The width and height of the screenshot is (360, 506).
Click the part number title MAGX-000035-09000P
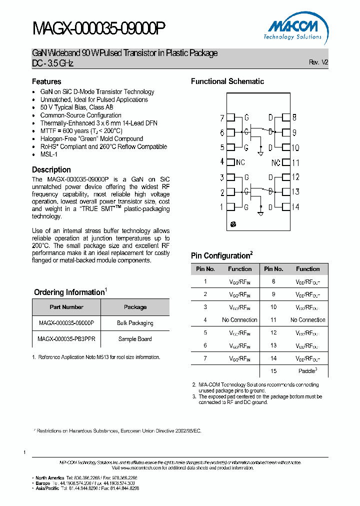pyautogui.click(x=98, y=29)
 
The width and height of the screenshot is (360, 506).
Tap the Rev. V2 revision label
pyautogui.click(x=318, y=62)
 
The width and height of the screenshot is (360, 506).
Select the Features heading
pyautogui.click(x=46, y=81)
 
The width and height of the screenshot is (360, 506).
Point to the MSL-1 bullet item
pyautogui.click(x=49, y=154)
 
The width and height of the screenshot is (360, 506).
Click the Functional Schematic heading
pyautogui.click(x=227, y=81)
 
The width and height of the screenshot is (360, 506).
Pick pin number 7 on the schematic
pyautogui.click(x=222, y=118)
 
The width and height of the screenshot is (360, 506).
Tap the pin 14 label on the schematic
pyautogui.click(x=295, y=207)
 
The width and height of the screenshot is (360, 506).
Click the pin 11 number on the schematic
pyautogui.click(x=295, y=162)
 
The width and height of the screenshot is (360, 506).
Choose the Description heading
pyautogui.click(x=51, y=170)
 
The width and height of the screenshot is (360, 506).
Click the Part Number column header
pyautogui.click(x=66, y=307)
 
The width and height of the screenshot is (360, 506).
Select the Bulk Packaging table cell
pyautogui.click(x=135, y=323)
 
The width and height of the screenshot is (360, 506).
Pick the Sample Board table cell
pyautogui.click(x=135, y=339)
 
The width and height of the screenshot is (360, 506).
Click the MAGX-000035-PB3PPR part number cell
pyautogui.click(x=66, y=339)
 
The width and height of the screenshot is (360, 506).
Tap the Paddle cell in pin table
pyautogui.click(x=307, y=370)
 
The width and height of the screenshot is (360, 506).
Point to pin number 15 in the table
pyautogui.click(x=273, y=370)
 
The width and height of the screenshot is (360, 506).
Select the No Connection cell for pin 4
pyautogui.click(x=239, y=320)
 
